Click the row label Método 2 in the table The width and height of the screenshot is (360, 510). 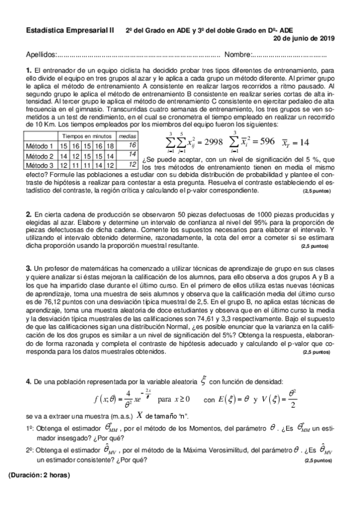coord(40,155)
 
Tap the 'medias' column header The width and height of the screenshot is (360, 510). coord(126,137)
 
